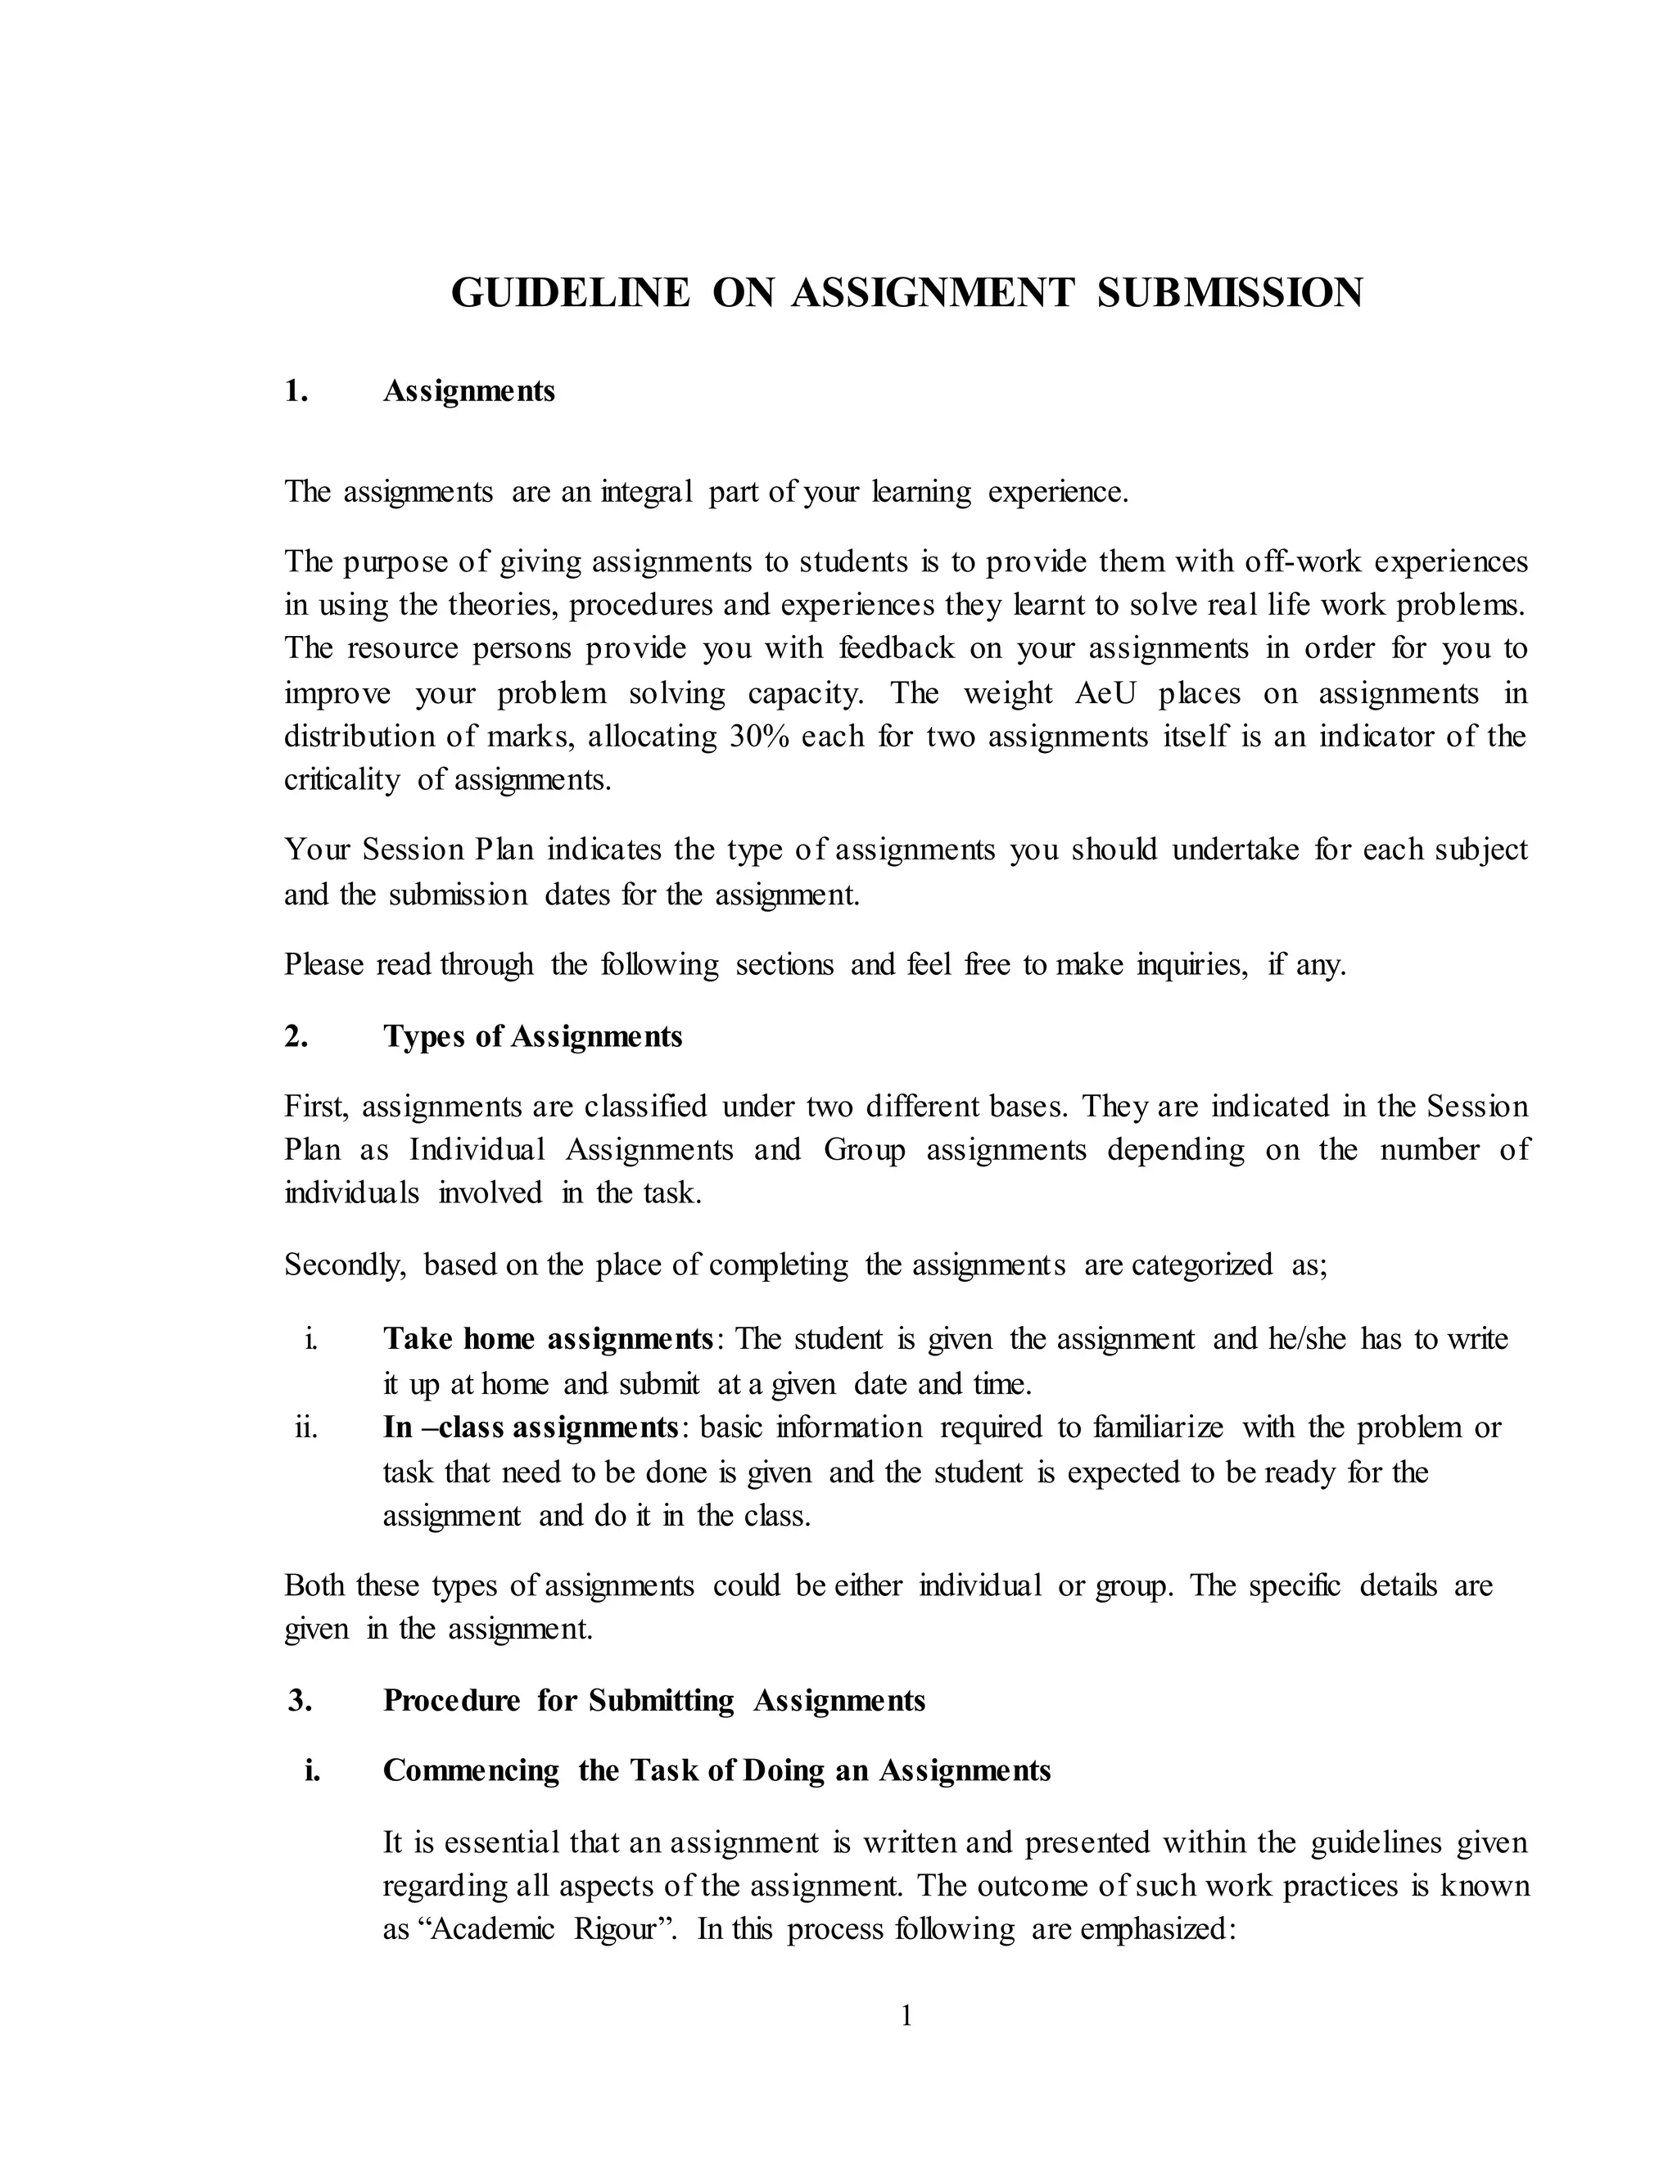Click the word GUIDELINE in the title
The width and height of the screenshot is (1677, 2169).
click(x=569, y=293)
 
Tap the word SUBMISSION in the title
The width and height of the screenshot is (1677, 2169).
click(x=1230, y=293)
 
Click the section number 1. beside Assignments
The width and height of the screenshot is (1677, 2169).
click(x=296, y=391)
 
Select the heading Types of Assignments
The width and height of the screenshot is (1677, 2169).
click(x=532, y=1037)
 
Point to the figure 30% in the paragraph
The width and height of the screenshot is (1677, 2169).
click(x=760, y=737)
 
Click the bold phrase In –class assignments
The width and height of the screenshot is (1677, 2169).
click(x=531, y=1428)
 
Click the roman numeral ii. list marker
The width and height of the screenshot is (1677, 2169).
click(x=306, y=1428)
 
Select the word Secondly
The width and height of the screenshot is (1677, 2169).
click(x=345, y=1265)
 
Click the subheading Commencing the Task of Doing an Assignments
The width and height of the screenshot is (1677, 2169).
click(x=716, y=1770)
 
